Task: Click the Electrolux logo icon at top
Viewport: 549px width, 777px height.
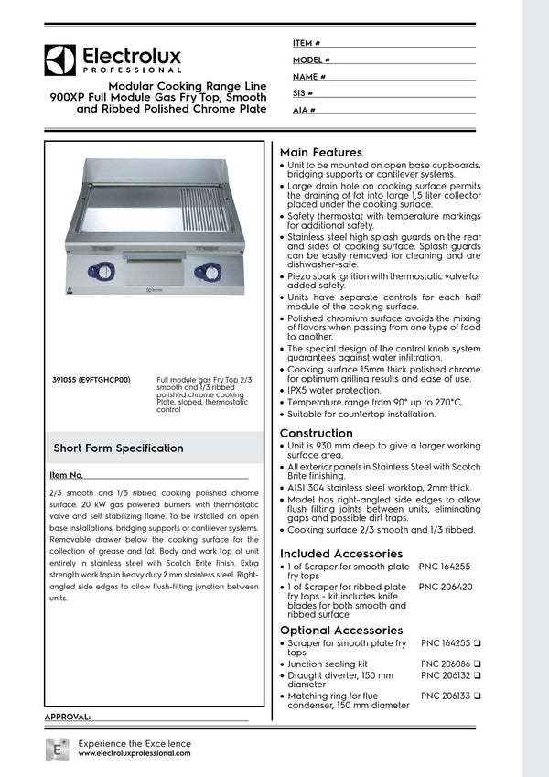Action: tap(60, 60)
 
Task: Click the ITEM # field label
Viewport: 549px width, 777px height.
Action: tap(306, 43)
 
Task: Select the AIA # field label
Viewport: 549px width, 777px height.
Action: tap(304, 110)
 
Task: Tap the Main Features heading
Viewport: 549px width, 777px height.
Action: tap(320, 152)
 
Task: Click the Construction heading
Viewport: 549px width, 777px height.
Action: tap(316, 433)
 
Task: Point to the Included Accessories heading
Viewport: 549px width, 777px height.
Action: tap(340, 554)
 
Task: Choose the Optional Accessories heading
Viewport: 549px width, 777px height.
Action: tap(340, 631)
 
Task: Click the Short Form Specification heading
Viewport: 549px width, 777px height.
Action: tap(118, 448)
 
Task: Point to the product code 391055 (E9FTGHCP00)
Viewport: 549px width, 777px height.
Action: tap(91, 379)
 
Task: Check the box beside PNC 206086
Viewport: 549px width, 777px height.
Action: tap(478, 664)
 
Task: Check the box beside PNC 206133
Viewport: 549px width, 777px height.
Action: tap(478, 696)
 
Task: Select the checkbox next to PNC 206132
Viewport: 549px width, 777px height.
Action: tap(478, 675)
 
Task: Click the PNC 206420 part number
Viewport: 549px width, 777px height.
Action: tap(446, 587)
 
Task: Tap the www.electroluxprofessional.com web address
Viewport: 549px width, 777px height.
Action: tap(135, 752)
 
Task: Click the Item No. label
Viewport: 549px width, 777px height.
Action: tap(67, 475)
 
